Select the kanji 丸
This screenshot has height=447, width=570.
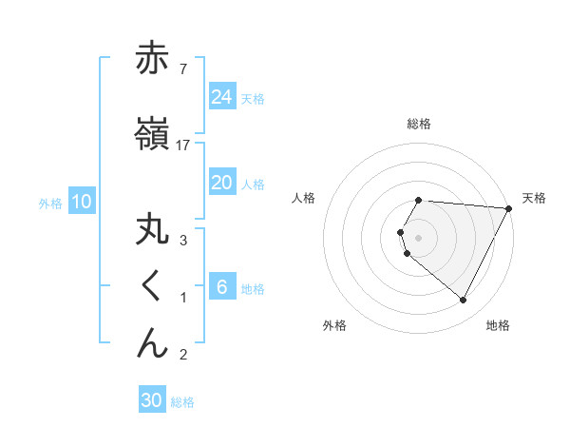pyautogui.click(x=152, y=232)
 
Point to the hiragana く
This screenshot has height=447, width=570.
pyautogui.click(x=151, y=287)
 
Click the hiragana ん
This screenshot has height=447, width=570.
pyautogui.click(x=152, y=342)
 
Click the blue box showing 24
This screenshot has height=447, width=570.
pyautogui.click(x=222, y=96)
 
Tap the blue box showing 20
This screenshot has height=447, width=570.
pyautogui.click(x=222, y=183)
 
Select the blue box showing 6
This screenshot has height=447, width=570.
pyautogui.click(x=222, y=287)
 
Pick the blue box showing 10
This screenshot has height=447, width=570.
pyautogui.click(x=82, y=201)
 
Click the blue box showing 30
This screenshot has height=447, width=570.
pyautogui.click(x=152, y=400)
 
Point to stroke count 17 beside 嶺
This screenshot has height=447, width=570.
pyautogui.click(x=183, y=145)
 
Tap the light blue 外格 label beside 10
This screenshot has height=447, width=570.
pyautogui.click(x=50, y=203)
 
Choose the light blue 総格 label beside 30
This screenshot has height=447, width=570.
pyautogui.click(x=182, y=402)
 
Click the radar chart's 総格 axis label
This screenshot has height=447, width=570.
pyautogui.click(x=419, y=124)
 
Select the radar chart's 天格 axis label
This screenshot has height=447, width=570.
pyautogui.click(x=535, y=198)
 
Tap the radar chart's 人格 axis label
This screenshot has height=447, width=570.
pyautogui.click(x=303, y=198)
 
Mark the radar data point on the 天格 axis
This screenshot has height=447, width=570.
pyautogui.click(x=509, y=208)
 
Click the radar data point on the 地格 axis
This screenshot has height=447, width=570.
pyautogui.click(x=464, y=301)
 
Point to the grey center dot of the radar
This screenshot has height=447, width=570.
pyautogui.click(x=419, y=237)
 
